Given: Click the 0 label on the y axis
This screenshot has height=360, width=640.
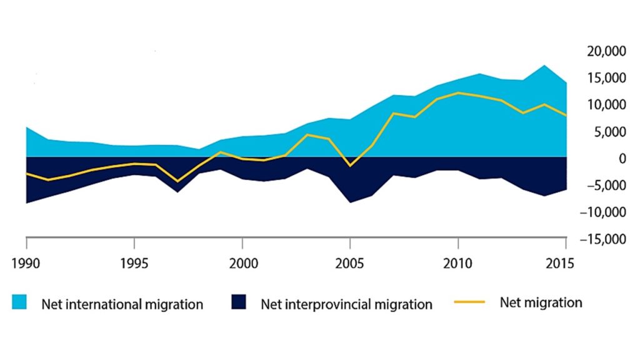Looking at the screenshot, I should click(x=622, y=159).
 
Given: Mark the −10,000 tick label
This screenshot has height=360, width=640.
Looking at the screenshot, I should click(x=604, y=212).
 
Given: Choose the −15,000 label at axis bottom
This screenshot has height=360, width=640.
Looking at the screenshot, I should click(x=604, y=239).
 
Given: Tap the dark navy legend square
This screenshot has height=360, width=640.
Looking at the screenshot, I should click(x=239, y=303).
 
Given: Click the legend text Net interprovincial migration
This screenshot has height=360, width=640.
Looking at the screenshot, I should click(x=346, y=304).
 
